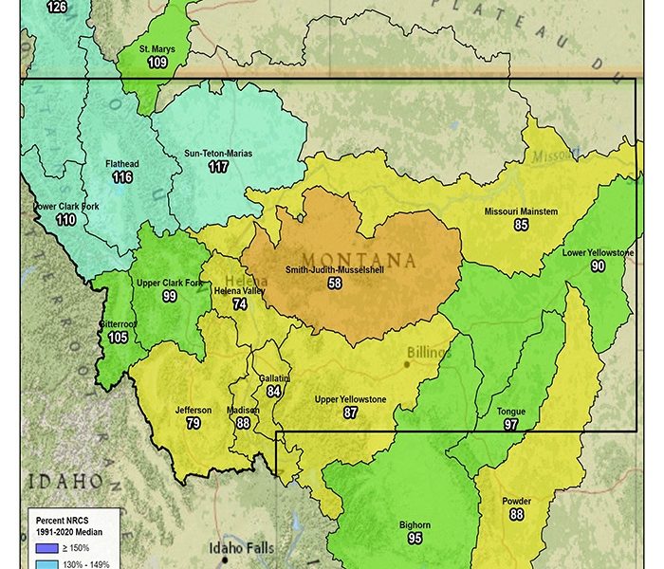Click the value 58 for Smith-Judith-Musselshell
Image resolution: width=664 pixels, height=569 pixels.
tap(335, 284)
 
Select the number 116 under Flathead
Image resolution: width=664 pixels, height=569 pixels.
tap(121, 177)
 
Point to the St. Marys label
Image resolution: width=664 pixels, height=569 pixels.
tap(157, 49)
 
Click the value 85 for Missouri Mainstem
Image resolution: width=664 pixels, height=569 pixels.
tap(521, 225)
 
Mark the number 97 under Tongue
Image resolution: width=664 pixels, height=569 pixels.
tap(511, 425)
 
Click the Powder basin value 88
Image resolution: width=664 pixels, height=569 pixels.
tap(516, 515)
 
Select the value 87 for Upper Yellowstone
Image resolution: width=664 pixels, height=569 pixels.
tap(351, 413)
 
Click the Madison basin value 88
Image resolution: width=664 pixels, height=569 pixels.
tap(243, 423)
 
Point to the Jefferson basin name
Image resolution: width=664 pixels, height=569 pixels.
tap(194, 411)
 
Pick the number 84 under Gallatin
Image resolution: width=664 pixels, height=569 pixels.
tap(274, 391)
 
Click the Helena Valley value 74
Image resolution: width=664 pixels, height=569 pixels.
tap(240, 304)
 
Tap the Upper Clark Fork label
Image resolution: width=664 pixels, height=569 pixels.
tap(170, 284)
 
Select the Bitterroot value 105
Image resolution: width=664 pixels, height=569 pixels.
tap(118, 338)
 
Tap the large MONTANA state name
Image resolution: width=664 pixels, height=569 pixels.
tap(359, 260)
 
